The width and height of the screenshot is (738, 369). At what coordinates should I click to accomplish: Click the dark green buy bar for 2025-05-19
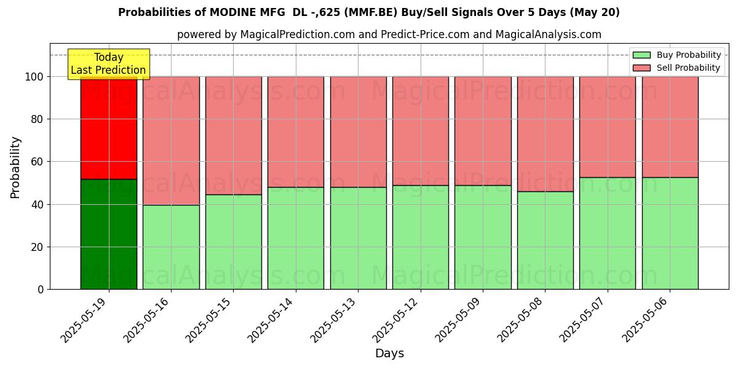109,234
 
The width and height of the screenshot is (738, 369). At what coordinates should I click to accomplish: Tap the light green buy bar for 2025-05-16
171,247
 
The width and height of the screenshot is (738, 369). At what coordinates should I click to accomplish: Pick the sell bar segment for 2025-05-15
234,135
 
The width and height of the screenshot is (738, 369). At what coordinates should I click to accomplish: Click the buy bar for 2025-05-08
545,240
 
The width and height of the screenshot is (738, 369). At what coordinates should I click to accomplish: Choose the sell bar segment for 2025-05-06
670,127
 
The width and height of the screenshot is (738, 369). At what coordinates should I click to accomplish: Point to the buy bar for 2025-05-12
421,237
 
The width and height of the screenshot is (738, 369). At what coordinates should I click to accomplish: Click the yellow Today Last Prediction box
108,64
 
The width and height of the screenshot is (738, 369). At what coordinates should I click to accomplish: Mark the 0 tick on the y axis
40,289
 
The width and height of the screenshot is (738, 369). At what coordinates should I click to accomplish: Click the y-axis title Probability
15,167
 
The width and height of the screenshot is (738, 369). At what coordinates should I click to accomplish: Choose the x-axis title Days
389,354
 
